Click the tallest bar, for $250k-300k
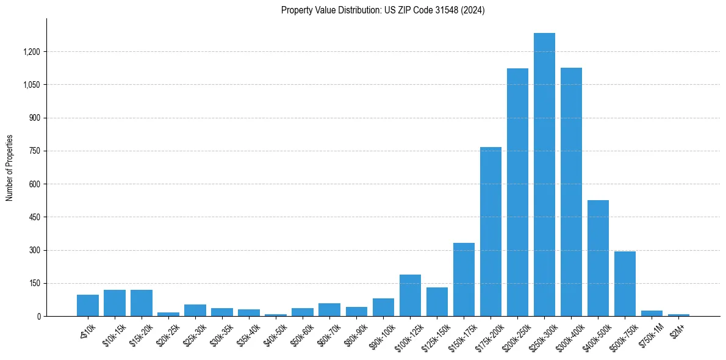pyautogui.click(x=544, y=175)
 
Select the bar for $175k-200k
pyautogui.click(x=491, y=232)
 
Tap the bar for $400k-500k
pyautogui.click(x=598, y=258)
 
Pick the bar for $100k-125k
pyautogui.click(x=410, y=295)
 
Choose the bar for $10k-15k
pyautogui.click(x=115, y=303)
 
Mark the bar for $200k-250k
pyautogui.click(x=517, y=192)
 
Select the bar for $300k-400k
pyautogui.click(x=571, y=192)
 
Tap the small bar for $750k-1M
pyautogui.click(x=652, y=313)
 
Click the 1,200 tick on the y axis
pyautogui.click(x=31, y=52)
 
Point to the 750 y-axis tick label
pyautogui.click(x=34, y=151)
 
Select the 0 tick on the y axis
pyautogui.click(x=38, y=316)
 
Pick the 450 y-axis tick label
pyautogui.click(x=34, y=217)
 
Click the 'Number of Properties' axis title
pyautogui.click(x=10, y=168)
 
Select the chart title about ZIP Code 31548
pyautogui.click(x=383, y=10)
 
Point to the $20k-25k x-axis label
pyautogui.click(x=168, y=333)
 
